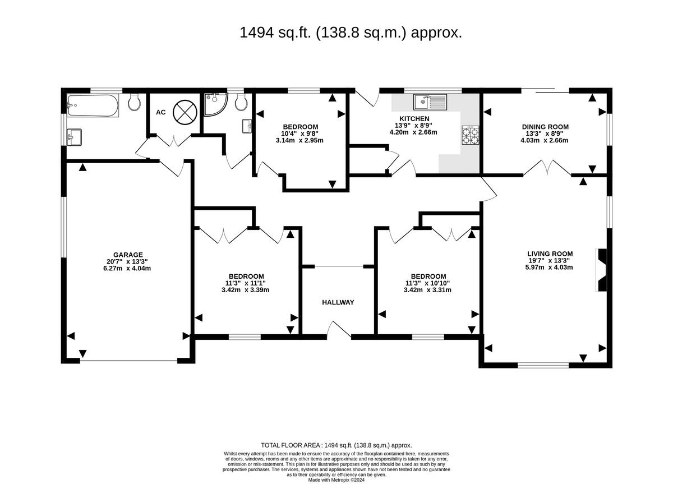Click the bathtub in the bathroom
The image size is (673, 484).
93,105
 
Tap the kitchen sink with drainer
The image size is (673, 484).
430,102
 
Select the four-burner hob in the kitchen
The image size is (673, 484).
470,136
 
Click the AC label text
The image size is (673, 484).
161,112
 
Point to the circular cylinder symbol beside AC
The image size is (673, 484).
185,112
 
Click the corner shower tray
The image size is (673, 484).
215,104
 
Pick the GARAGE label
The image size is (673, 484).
128,255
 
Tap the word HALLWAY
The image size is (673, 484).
338,302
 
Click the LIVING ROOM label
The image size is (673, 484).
550,253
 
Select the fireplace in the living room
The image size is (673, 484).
601,270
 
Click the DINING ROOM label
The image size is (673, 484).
545,127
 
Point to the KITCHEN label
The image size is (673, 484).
414,119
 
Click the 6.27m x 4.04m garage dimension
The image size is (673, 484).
127,268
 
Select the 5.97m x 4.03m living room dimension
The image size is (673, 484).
549,267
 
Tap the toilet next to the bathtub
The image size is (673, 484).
134,102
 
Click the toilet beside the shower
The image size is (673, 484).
241,102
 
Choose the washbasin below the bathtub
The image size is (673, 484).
74,137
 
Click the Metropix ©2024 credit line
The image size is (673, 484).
336,480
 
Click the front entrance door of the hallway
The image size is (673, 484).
339,330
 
